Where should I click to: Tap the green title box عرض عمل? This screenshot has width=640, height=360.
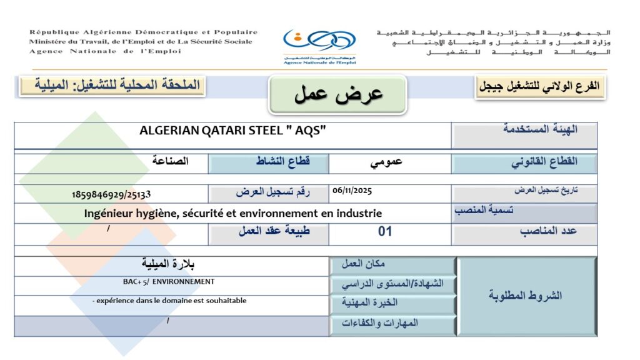pos(338,94)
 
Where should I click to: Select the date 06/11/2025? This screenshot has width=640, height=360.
pos(352,189)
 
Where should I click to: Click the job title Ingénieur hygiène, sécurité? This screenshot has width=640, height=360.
pos(233,213)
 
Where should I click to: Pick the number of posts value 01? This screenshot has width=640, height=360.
pos(386,231)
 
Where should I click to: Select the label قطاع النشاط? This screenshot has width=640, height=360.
pos(283,162)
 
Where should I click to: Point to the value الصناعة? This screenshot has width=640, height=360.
pos(170,161)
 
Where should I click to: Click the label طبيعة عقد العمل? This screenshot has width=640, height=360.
pos(274,231)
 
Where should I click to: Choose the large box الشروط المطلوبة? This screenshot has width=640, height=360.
pos(525,295)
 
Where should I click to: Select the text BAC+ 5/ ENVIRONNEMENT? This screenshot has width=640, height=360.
pos(169,282)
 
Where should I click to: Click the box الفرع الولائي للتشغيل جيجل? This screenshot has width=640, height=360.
pos(540,87)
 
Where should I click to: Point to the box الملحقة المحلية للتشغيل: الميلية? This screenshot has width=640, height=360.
pos(111,85)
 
